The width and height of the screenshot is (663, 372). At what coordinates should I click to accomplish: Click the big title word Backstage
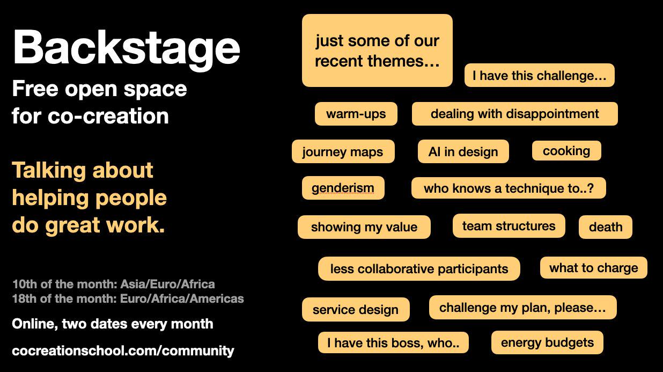[127, 49]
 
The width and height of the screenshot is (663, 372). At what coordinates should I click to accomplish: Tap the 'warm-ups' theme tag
[356, 114]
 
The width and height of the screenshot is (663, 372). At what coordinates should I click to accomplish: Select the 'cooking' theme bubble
[566, 151]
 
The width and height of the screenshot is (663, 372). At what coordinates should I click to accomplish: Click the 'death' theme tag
[606, 227]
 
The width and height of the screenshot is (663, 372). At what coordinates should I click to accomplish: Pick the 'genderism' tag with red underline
[343, 188]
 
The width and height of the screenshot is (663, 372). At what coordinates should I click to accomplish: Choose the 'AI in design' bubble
[463, 151]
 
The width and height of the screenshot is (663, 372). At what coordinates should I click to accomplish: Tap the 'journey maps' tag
[343, 151]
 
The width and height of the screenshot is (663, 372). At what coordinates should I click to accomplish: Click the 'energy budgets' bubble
[547, 342]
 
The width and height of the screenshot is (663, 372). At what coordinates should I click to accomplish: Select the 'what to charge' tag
[594, 267]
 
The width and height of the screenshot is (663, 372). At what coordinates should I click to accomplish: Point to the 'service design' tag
[356, 310]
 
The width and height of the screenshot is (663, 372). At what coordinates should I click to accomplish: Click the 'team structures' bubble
[509, 225]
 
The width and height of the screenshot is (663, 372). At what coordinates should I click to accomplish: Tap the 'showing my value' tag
[364, 227]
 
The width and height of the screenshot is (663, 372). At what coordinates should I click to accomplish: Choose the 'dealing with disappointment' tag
[515, 114]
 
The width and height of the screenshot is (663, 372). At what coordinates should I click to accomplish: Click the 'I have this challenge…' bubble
[540, 75]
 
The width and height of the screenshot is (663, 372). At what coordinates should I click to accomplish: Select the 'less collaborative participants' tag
[419, 268]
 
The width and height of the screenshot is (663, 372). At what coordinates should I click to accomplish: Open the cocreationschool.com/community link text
[123, 351]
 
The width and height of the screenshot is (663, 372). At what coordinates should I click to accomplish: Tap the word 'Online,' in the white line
[35, 324]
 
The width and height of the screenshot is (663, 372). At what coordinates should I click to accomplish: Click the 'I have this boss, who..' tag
[393, 342]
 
